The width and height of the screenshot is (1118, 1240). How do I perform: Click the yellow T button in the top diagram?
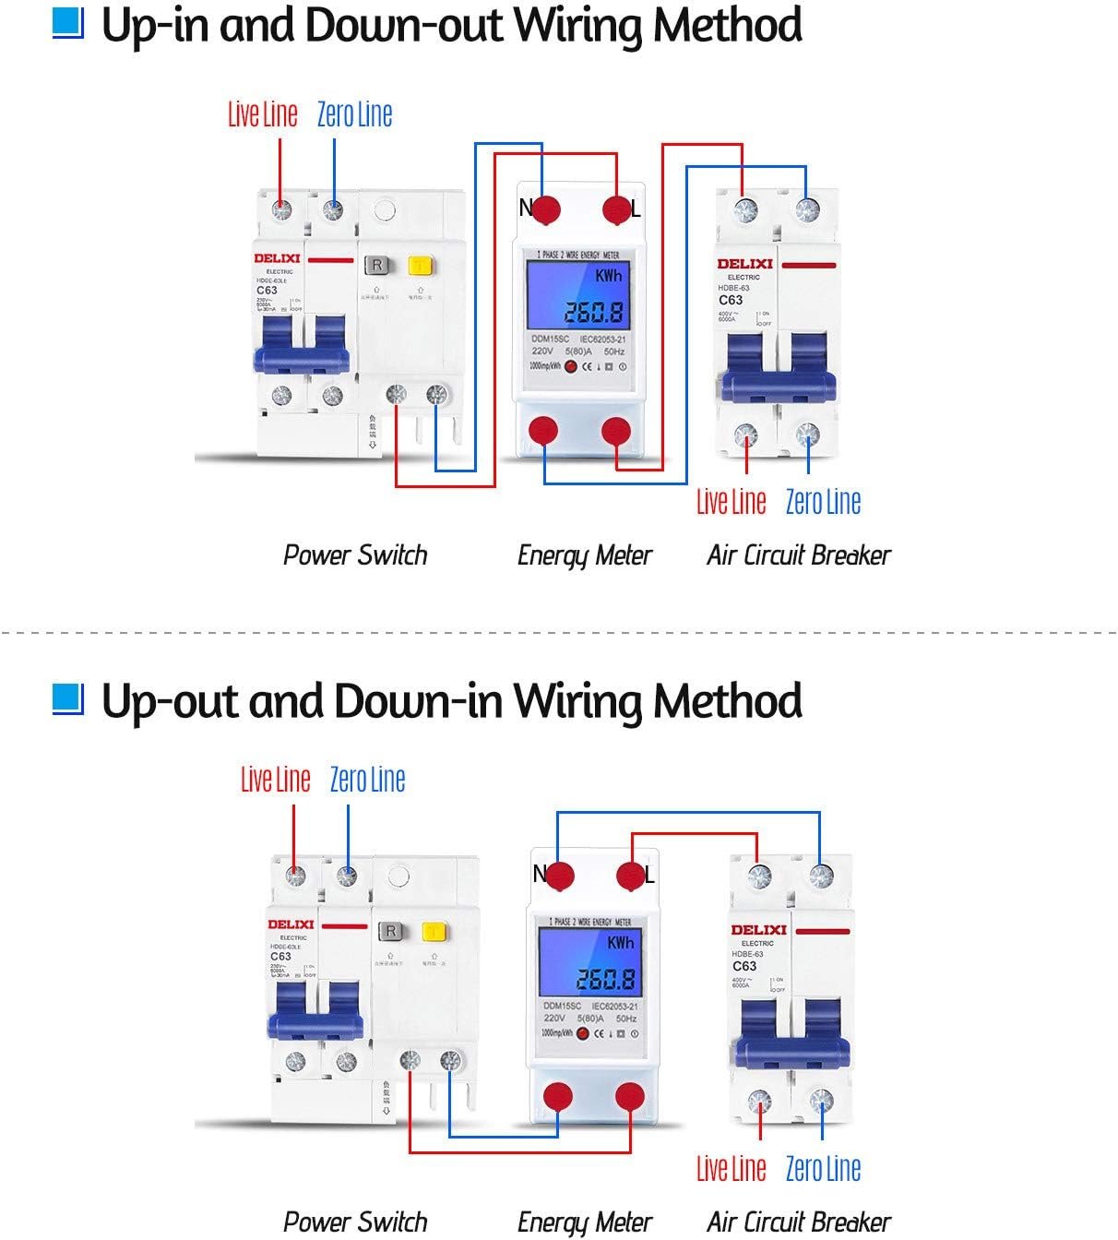pos(422,266)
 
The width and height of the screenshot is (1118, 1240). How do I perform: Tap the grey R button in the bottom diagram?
pos(391,932)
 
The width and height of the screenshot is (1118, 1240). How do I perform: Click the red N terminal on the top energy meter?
pos(546,209)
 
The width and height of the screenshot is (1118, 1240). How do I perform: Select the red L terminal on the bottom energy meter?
pos(631,876)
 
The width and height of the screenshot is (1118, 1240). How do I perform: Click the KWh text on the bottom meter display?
pos(621,943)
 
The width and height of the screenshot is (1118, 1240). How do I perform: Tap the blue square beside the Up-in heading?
pos(67,23)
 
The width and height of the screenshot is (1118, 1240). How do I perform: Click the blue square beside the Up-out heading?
pos(67,698)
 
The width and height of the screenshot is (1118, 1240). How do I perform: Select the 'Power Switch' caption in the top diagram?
pos(355,555)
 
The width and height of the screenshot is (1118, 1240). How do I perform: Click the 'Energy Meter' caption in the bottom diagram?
pos(585,1222)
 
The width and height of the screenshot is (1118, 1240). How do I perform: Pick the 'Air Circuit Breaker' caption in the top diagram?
pos(799,555)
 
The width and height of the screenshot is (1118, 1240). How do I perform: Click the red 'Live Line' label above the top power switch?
pos(263,114)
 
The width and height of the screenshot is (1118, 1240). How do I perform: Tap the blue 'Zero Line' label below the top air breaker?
pos(823,502)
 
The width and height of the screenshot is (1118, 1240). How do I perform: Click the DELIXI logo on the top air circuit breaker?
pos(744,264)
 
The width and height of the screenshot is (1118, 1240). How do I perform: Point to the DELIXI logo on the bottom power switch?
pos(291,924)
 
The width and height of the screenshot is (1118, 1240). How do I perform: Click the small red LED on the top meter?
pos(571,367)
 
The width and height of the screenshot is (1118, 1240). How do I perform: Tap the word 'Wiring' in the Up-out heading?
pos(577,700)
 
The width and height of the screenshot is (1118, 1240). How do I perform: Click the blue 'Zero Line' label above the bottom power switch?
pos(367,780)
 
